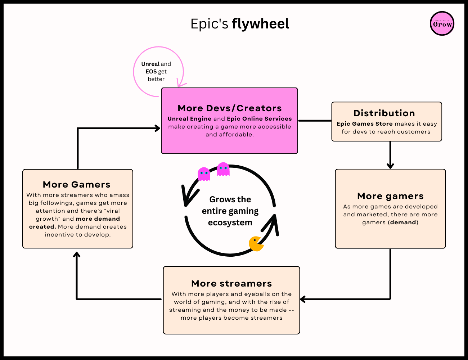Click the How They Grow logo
click(442, 24)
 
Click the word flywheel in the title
click(260, 24)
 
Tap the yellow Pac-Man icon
click(256, 244)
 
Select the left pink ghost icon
click(204, 174)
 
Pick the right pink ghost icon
click(223, 169)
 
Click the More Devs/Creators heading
click(229, 108)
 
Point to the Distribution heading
click(384, 113)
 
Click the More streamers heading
click(231, 284)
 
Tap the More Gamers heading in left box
click(77, 185)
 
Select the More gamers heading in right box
click(390, 196)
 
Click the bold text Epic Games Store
click(365, 124)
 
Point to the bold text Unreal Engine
click(189, 119)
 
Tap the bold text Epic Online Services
click(259, 119)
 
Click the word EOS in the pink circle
click(151, 72)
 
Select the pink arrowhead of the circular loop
click(181, 85)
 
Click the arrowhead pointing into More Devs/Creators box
click(157, 128)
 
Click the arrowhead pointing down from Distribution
click(390, 166)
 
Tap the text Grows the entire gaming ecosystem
click(230, 211)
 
